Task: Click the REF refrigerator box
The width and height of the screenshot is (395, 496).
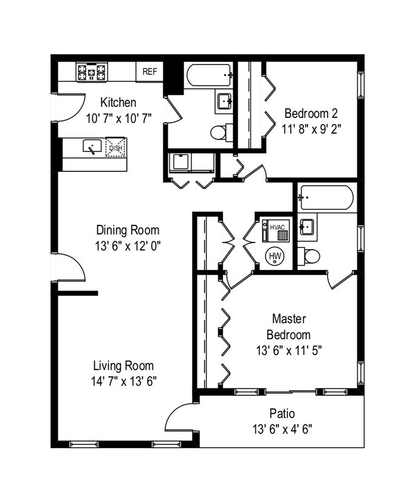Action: point(149,72)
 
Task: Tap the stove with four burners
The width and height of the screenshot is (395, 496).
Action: point(92,72)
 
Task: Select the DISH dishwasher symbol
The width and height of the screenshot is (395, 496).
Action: point(115,148)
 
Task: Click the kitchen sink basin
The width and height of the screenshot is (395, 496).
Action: point(92,146)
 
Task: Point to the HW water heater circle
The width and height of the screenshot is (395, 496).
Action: point(275,256)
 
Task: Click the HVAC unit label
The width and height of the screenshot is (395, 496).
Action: point(277,227)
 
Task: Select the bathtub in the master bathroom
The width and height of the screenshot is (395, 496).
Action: point(326,198)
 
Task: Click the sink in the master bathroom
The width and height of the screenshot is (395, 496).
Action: point(306,227)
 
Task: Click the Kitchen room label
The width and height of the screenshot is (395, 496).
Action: point(118,103)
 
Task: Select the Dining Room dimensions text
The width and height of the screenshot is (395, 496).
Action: point(128,246)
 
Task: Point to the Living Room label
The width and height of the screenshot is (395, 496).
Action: point(123,366)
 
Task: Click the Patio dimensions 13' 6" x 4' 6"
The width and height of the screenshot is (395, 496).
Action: point(282,430)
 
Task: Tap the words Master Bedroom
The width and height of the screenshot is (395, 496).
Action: point(289,326)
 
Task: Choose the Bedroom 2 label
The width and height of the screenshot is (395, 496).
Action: point(311,113)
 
